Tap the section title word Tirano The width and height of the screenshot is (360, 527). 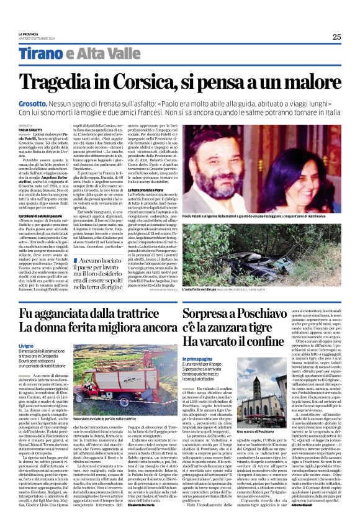[x=42, y=54]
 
